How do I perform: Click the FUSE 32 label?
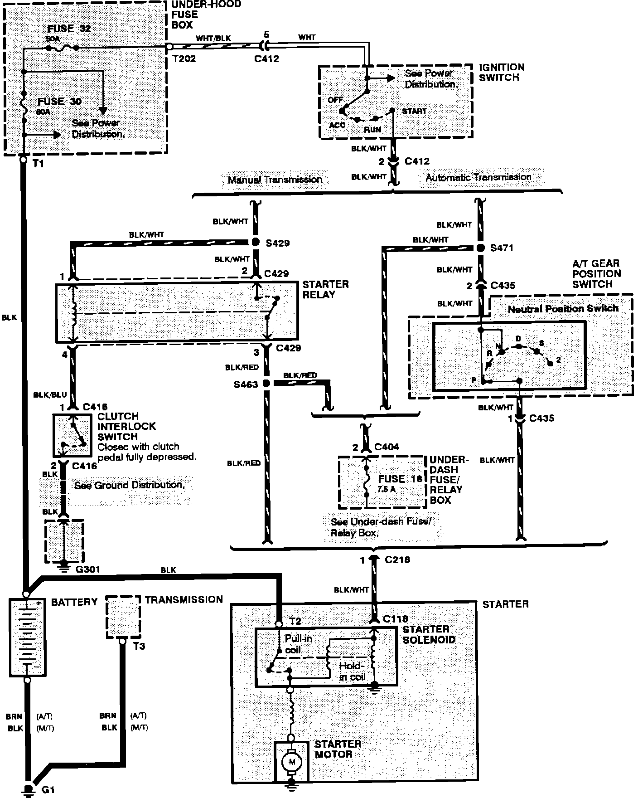(69, 29)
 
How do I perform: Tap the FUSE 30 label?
(59, 101)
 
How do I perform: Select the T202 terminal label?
(184, 58)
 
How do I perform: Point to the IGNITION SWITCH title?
(502, 72)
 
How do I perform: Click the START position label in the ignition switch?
(414, 111)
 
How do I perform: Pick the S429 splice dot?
(254, 242)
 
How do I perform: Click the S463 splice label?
(246, 384)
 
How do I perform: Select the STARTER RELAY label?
(325, 289)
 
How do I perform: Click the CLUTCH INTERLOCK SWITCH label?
(126, 426)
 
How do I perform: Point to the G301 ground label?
(88, 569)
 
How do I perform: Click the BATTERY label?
(74, 602)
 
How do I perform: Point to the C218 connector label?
(397, 560)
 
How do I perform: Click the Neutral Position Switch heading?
(563, 309)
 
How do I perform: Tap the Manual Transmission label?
(275, 180)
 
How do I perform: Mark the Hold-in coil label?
(351, 671)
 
